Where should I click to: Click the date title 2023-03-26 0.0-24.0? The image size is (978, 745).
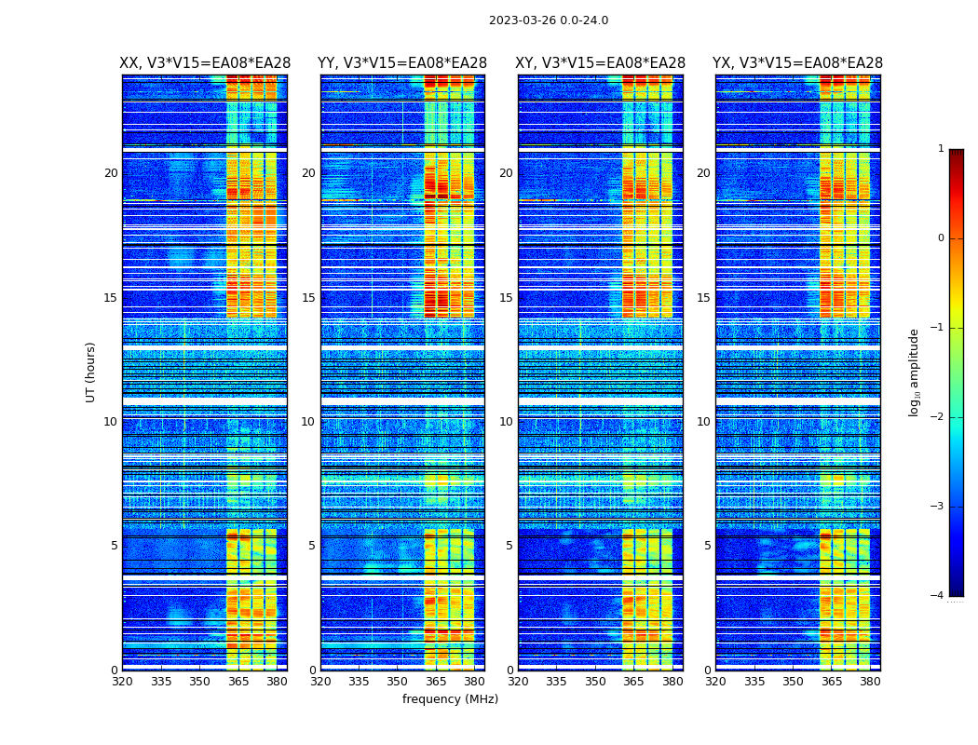click(x=549, y=20)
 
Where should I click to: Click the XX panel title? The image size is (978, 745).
click(x=205, y=63)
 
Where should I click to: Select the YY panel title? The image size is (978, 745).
click(x=402, y=63)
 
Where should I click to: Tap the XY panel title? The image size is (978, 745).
click(x=601, y=63)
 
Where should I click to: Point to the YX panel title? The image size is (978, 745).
click(x=797, y=63)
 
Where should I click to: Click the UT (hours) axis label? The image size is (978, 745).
click(x=91, y=372)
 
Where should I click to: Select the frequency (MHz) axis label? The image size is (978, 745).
click(x=450, y=699)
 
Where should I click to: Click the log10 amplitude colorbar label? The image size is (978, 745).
click(x=915, y=372)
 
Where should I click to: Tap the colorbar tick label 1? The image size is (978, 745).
click(x=941, y=149)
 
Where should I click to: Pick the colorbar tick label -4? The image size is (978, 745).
click(x=938, y=596)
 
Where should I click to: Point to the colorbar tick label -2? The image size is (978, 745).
click(x=938, y=417)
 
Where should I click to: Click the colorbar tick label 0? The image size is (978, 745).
click(x=941, y=238)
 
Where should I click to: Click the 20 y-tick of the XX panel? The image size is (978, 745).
click(x=111, y=173)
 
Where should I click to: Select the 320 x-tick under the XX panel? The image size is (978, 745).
click(x=122, y=682)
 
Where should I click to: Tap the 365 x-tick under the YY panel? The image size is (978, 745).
click(x=436, y=682)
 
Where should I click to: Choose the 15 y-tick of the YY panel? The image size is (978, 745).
click(x=308, y=298)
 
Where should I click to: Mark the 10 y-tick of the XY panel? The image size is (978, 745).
click(x=506, y=422)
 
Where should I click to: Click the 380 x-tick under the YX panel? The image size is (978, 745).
click(x=870, y=682)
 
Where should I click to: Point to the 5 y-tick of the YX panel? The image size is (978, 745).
click(x=707, y=546)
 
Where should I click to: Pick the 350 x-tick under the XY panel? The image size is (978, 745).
click(x=595, y=682)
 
